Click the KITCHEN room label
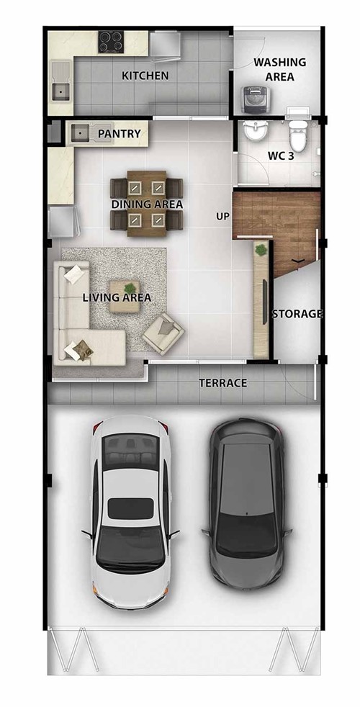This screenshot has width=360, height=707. point(145,76)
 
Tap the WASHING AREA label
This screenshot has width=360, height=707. point(279,69)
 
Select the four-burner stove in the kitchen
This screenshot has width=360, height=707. point(111,42)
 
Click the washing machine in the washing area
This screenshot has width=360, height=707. point(256,100)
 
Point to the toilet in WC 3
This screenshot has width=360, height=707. point(298,132)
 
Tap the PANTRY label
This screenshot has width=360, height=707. point(119,134)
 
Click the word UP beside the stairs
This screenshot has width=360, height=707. point(222,217)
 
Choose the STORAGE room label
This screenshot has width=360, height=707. point(298,314)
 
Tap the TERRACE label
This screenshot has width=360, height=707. point(223,383)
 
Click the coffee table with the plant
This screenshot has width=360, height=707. point(124,296)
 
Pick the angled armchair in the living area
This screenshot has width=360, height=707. point(163,333)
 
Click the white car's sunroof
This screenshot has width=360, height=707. point(130,508)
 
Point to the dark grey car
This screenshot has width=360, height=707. point(246,504)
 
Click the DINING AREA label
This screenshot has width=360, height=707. point(147,204)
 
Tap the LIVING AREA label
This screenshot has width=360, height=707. point(117,297)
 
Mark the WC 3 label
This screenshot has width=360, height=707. point(281,156)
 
